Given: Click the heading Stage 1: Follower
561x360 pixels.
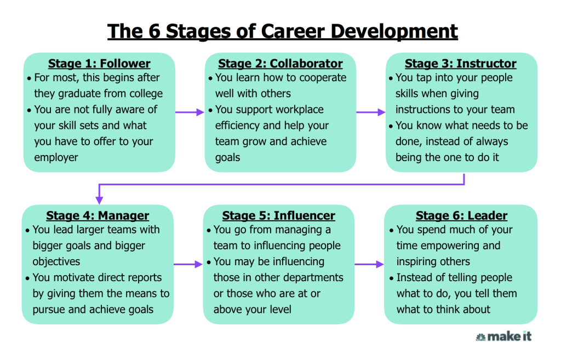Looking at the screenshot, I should tap(99, 64).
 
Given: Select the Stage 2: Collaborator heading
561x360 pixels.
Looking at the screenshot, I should tap(280, 64).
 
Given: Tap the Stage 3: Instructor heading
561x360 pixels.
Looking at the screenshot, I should tap(460, 64).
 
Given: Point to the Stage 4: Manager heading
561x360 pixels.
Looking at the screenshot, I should tap(98, 215).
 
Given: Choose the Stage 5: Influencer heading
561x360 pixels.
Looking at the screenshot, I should tap(278, 215).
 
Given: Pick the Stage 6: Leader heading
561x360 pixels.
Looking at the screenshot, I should tap(461, 215).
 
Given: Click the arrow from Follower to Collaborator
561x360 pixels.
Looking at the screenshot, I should tap(190, 112).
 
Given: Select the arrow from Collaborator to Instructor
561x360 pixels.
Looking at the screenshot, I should tap(371, 112).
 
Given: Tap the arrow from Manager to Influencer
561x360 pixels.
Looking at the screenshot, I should tap(188, 264).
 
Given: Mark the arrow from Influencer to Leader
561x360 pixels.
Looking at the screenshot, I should tap(369, 264).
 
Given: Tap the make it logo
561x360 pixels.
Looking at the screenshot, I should tap(503, 336).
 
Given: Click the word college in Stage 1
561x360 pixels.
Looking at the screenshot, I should tap(143, 94).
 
